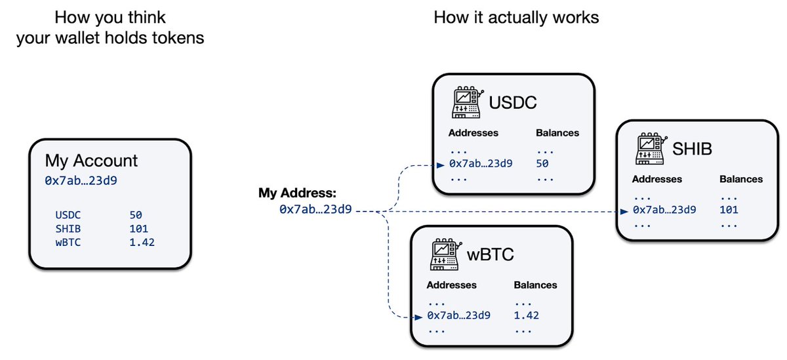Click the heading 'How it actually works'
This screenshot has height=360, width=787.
coord(516,17)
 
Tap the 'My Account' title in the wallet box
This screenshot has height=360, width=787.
coord(91,161)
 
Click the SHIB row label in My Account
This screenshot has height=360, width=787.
coord(69,229)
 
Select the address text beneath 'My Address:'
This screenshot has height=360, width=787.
coord(315,210)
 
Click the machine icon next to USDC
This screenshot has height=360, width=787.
coord(468,102)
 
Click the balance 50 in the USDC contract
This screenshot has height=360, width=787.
coord(542,163)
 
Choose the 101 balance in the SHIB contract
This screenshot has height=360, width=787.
coord(729,210)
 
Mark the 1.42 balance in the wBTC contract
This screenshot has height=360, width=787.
coord(525,316)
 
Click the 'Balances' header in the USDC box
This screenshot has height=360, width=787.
coord(557,132)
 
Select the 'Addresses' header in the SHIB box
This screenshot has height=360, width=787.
coord(657,179)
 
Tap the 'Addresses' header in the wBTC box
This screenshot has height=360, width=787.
coord(451,285)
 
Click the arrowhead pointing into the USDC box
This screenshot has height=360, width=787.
coord(441,164)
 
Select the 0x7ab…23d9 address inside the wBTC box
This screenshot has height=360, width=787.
coord(458,316)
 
